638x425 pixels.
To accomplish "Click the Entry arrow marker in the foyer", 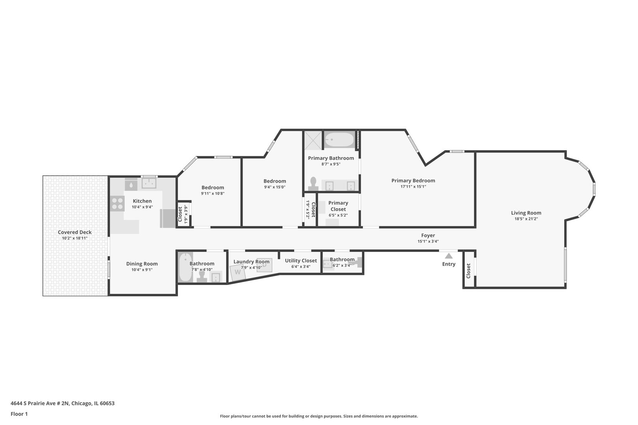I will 449,256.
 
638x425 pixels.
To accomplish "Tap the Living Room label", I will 526,213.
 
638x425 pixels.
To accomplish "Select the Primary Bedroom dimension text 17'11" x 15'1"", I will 413,187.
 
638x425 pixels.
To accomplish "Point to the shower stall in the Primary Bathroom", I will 313,140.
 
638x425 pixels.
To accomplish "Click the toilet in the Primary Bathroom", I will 313,183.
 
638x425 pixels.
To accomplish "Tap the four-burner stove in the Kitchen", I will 117,203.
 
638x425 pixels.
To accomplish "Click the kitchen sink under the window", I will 149,183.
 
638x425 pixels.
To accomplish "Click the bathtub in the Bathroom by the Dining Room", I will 184,268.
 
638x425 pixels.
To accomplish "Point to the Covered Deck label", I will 74,232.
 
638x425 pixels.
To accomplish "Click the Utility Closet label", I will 301,261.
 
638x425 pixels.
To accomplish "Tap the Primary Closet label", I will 338,206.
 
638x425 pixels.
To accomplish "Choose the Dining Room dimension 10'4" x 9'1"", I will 142,270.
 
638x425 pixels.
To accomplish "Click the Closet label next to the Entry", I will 468,271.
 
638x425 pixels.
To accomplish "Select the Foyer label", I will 428,235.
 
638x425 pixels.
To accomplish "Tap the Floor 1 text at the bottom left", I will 19,414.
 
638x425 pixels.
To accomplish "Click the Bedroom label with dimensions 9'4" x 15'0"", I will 274,181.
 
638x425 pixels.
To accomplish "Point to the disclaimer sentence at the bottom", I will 319,416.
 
